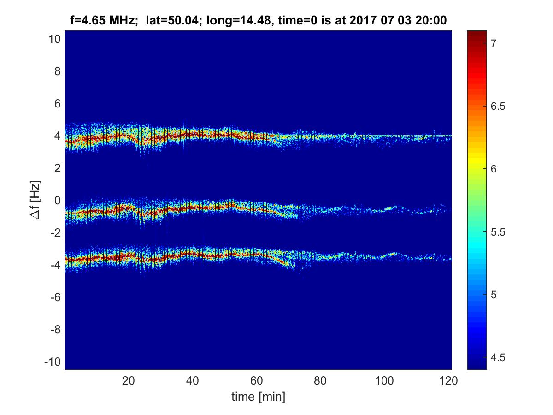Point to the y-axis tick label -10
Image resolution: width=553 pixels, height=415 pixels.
coord(53,362)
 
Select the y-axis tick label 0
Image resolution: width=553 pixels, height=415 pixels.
coord(57,201)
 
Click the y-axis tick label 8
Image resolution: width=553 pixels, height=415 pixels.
coord(57,71)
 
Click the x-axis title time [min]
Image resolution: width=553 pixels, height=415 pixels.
coord(258,396)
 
